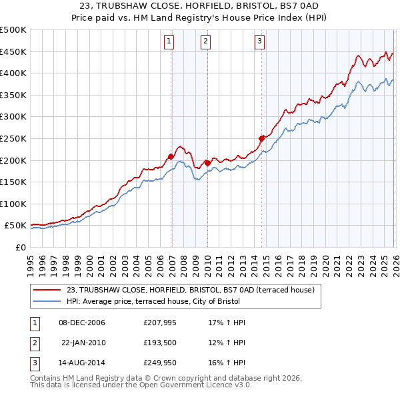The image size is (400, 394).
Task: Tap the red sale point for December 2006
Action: click(x=171, y=157)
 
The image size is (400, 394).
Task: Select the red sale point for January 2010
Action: click(x=207, y=162)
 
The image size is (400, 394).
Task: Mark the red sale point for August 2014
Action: click(x=261, y=138)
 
